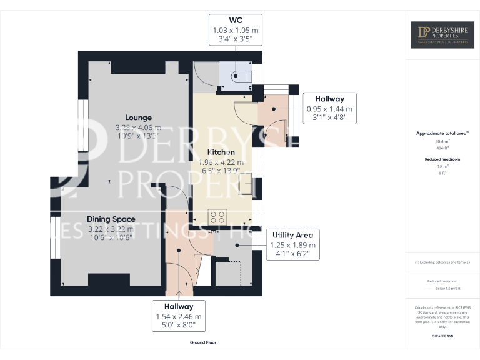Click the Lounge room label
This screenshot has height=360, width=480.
click(138, 117)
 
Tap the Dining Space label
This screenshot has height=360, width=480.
click(111, 219)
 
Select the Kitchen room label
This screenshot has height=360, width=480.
click(221, 152)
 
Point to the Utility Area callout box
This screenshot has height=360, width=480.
click(293, 244)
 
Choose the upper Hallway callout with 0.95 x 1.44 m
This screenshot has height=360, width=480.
click(329, 107)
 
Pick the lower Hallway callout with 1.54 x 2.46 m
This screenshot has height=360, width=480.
click(179, 316)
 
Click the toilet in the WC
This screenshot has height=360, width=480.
click(241, 77)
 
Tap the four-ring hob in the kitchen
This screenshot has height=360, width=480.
click(218, 217)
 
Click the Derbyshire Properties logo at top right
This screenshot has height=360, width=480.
click(442, 36)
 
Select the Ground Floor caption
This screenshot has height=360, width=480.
click(203, 342)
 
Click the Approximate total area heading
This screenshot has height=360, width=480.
click(441, 133)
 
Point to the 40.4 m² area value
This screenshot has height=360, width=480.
click(442, 141)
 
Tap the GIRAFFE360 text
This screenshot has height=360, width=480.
click(442, 336)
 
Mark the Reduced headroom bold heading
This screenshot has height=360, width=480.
click(442, 159)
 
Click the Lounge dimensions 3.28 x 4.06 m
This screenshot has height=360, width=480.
click(138, 127)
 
